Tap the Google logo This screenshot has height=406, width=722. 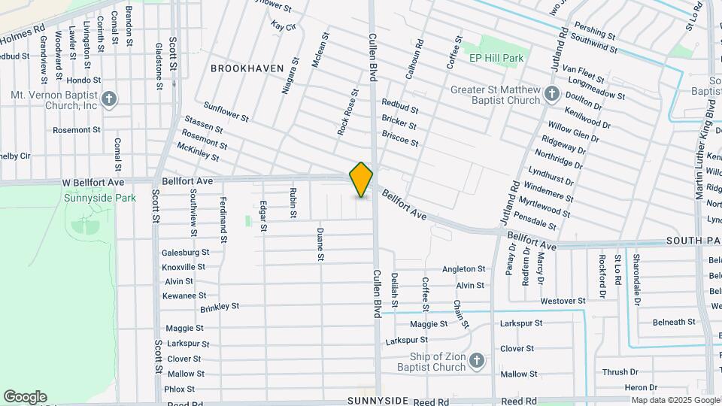[x=24, y=397]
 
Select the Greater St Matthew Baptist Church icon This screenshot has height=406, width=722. [x=552, y=94]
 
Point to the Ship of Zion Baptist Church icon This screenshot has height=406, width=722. [x=475, y=362]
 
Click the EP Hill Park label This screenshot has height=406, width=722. [x=496, y=58]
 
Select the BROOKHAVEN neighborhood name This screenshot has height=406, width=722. [x=247, y=68]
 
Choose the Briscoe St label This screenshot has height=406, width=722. [x=399, y=138]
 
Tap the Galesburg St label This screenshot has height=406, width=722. [x=185, y=253]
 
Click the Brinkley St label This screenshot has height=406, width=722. [x=220, y=308]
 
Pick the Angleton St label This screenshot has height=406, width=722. [x=464, y=268]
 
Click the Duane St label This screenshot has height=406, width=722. [x=320, y=244]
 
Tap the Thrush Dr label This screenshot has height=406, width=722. [x=620, y=372]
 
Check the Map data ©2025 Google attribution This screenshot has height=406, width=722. [x=675, y=400]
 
